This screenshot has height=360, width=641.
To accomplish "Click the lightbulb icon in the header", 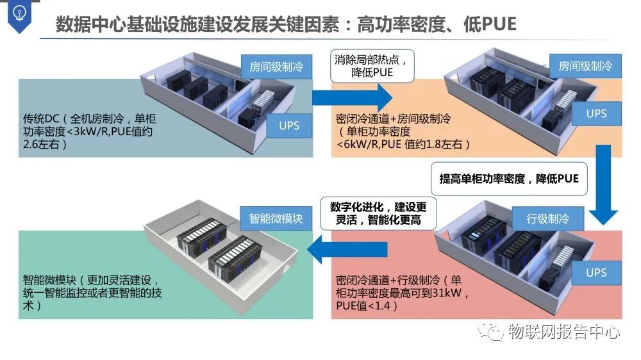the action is click(x=21, y=15).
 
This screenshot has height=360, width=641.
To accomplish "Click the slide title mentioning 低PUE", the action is click(x=286, y=25).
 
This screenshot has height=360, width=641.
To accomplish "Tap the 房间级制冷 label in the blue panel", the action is click(x=276, y=66).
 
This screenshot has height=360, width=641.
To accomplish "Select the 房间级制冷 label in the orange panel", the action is click(x=585, y=66).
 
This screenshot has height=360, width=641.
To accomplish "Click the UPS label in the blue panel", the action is click(x=289, y=126).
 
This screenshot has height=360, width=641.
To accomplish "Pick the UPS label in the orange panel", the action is click(x=596, y=114).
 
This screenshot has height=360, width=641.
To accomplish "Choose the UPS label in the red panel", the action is click(x=596, y=273).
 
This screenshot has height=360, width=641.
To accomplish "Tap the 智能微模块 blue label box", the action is click(x=276, y=218).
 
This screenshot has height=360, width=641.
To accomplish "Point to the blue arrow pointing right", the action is click(x=353, y=97).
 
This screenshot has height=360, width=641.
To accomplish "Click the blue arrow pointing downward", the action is click(x=603, y=186).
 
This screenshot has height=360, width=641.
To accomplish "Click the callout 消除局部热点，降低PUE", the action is click(x=372, y=66).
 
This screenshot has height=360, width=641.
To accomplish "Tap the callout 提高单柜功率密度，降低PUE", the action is click(x=509, y=179).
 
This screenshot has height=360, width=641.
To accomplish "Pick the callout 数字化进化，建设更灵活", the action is click(x=378, y=214).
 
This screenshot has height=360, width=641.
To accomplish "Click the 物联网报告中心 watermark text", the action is click(x=564, y=332).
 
